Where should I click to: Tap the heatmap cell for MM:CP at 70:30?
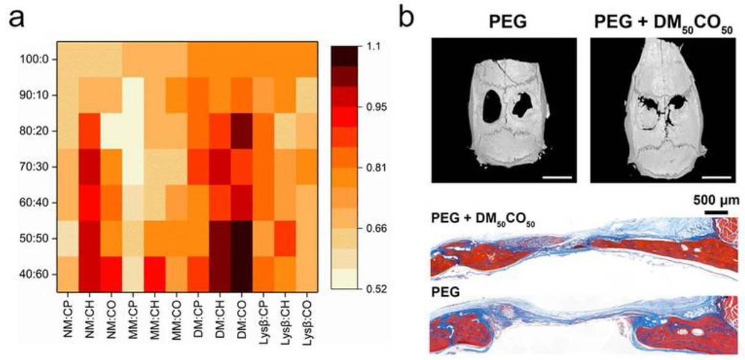pyautogui.click(x=133, y=166)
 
